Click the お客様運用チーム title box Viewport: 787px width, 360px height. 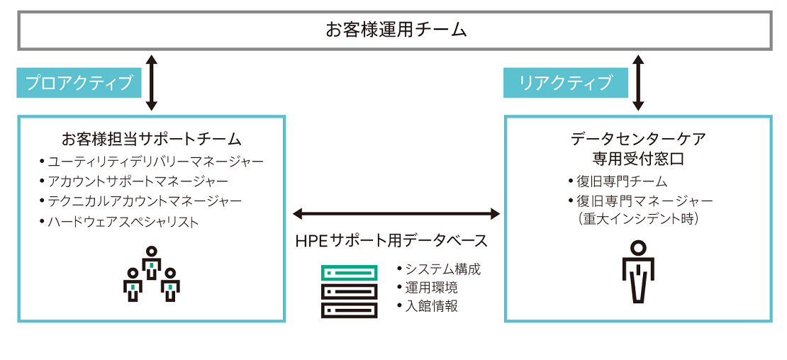(x=395, y=30)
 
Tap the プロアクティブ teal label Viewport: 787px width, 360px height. (x=79, y=82)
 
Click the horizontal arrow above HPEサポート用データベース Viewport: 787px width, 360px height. (x=396, y=213)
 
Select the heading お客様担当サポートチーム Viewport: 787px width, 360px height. (x=151, y=138)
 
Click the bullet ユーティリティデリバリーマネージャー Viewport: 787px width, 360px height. (x=155, y=162)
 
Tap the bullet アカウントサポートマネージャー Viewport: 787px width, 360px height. (x=138, y=181)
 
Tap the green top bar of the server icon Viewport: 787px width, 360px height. (x=348, y=271)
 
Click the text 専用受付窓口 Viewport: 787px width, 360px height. (x=637, y=158)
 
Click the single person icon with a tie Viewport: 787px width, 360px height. (x=638, y=271)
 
